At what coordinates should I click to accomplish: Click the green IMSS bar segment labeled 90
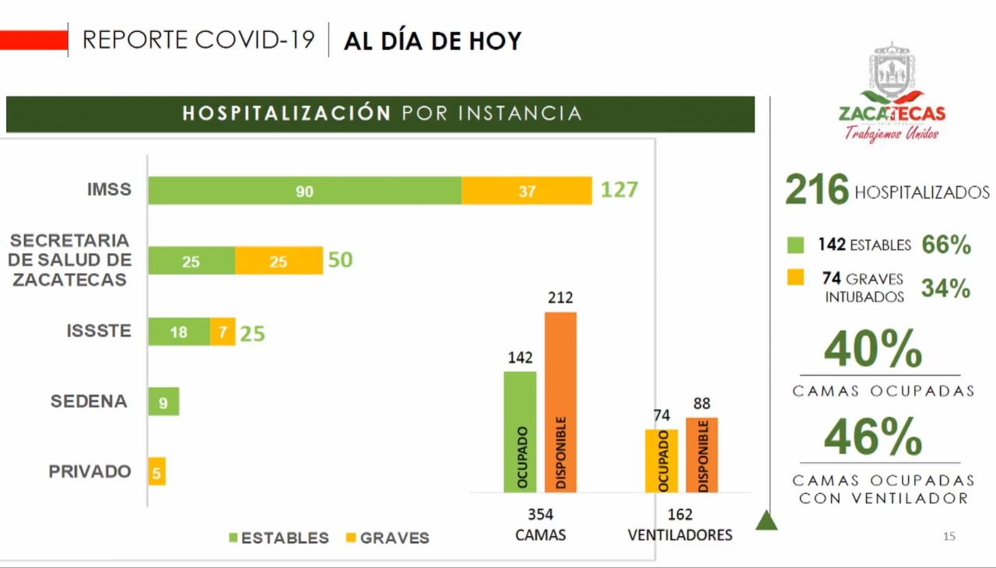tap(304, 191)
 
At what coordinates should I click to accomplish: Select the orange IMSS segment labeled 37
tap(527, 191)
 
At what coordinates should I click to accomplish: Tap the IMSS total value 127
tap(619, 189)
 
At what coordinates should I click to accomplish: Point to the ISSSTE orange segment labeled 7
tap(223, 332)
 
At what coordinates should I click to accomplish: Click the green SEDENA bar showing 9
tap(163, 401)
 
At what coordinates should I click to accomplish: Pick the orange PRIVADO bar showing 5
tap(156, 472)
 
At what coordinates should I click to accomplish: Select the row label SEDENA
tap(88, 401)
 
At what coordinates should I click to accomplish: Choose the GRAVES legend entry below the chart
tap(387, 538)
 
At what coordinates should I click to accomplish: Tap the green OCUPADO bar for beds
tap(520, 432)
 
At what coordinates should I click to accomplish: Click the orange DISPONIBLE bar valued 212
tap(560, 401)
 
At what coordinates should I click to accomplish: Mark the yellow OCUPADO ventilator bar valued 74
tap(661, 461)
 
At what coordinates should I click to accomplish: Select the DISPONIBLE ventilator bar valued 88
tap(702, 454)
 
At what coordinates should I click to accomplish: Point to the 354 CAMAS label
tap(540, 524)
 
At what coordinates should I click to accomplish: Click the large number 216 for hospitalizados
tap(816, 190)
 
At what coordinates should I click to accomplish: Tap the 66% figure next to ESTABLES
tap(946, 245)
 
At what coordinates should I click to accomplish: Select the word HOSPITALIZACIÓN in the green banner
tap(286, 114)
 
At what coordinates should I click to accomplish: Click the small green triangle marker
tap(766, 520)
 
